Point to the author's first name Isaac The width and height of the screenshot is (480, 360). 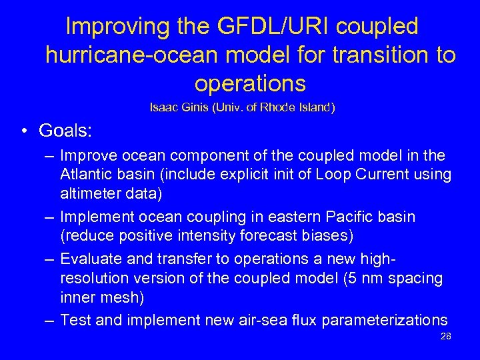163,106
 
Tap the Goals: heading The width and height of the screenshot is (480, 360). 65,130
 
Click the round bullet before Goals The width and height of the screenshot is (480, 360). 23,131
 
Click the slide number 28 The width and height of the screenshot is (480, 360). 446,337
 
